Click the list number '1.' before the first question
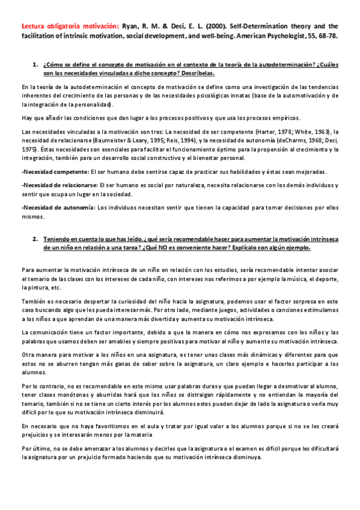coord(34,64)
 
